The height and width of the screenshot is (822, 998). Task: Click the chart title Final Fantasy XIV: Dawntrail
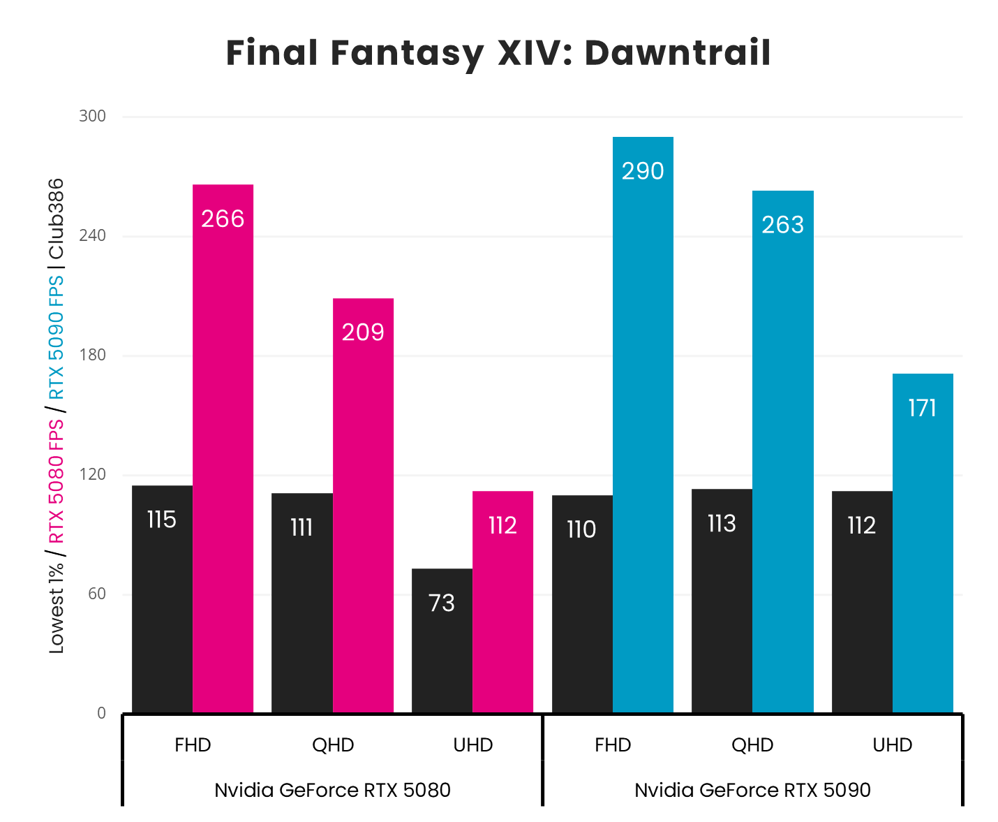498,53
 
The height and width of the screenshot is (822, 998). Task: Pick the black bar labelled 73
442,640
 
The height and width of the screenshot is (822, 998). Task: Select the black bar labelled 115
162,599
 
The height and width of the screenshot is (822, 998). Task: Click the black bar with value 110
582,603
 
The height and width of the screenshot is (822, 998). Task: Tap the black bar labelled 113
722,601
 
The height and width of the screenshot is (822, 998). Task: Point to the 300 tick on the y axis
92,116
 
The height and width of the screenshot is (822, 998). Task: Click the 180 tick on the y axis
92,355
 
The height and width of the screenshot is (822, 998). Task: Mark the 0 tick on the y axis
101,713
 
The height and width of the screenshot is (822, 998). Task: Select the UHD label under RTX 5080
473,745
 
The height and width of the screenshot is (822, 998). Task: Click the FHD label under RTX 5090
613,745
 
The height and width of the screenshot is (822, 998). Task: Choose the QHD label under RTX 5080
333,745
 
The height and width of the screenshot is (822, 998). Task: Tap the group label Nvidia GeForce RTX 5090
752,790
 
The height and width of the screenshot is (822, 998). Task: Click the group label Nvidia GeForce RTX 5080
332,790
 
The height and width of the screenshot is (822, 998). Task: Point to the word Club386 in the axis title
57,218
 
